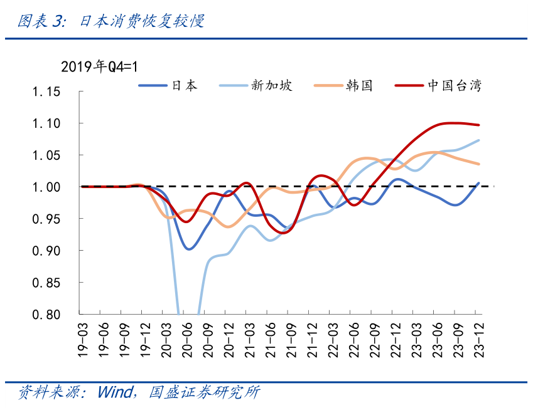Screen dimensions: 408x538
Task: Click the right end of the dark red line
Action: [x=480, y=125]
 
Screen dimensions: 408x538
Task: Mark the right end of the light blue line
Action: [x=480, y=140]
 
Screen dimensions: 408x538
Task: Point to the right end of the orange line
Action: [x=480, y=164]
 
